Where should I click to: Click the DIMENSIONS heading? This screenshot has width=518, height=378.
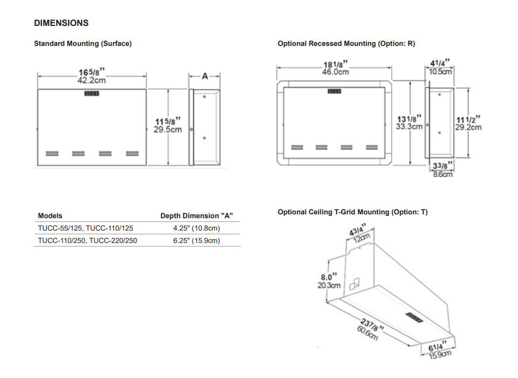pos(61,23)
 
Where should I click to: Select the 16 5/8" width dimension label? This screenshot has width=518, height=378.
pos(91,72)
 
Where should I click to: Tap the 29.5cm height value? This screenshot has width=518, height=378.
pos(168,130)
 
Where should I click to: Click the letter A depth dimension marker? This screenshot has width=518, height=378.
pos(205,76)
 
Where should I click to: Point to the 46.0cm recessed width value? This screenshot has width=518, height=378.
pos(335,72)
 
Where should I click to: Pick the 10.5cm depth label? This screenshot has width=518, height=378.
pos(440,71)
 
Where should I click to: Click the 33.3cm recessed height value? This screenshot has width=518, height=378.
pos(409,126)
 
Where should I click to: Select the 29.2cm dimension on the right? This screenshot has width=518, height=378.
pos(468,127)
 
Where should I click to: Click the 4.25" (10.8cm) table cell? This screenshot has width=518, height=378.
pos(196,228)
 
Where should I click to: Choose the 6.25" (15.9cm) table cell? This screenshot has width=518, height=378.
pos(196,241)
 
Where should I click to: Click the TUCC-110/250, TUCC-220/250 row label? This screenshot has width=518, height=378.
pos(87,241)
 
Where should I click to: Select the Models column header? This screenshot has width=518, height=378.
pos(50,216)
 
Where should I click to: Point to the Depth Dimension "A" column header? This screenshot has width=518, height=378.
pos(196,216)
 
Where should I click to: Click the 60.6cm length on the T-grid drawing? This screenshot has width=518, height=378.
pos(368,330)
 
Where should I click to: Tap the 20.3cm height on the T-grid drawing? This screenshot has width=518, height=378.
pos(329,285)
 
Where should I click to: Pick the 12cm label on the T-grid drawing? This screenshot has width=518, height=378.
pos(362,238)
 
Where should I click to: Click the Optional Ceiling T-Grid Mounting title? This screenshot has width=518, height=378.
pos(352,212)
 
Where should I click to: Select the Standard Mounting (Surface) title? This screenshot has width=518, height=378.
pos(83,44)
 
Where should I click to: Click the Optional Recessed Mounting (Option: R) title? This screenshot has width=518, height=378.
pos(346,44)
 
